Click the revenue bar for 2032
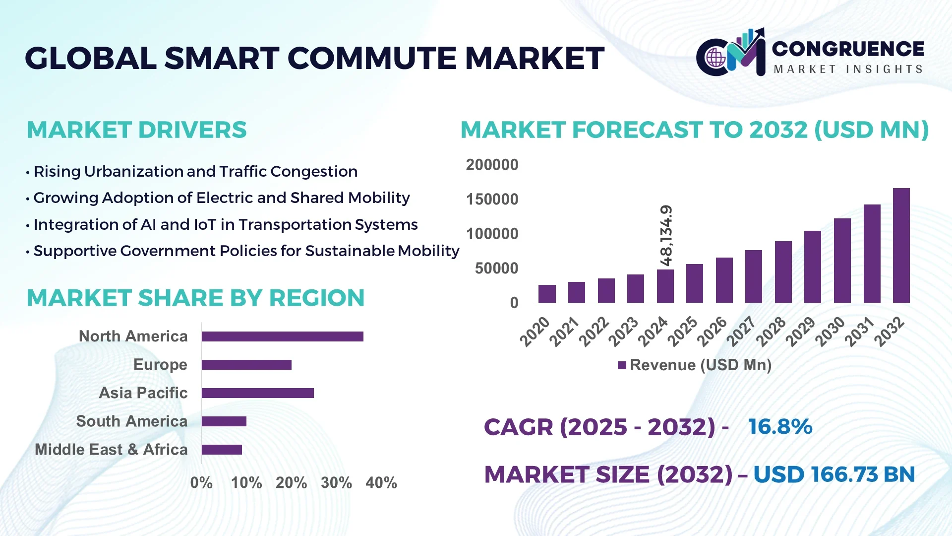(x=901, y=246)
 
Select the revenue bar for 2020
(x=547, y=294)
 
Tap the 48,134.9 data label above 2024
(x=666, y=235)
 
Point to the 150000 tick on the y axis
(x=492, y=200)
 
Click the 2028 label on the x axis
(x=772, y=332)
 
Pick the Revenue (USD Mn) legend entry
(x=695, y=365)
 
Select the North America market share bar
(x=282, y=336)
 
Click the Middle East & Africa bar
(x=222, y=450)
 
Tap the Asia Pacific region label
(x=143, y=393)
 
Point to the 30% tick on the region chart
(x=336, y=482)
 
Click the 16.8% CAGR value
(x=780, y=427)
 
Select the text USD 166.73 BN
(x=834, y=474)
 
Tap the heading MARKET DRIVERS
(x=136, y=130)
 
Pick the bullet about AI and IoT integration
(x=225, y=225)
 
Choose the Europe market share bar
(x=246, y=365)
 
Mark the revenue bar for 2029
(x=812, y=267)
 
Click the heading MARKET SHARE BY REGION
(x=195, y=298)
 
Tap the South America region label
(x=131, y=421)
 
